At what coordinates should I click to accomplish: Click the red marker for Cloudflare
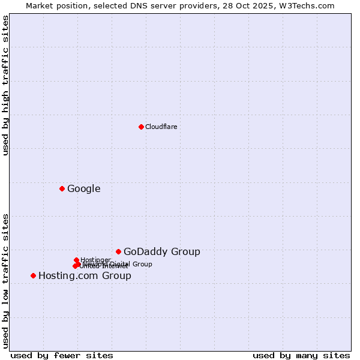pyautogui.click(x=141, y=127)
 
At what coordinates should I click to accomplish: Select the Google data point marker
pyautogui.click(x=62, y=189)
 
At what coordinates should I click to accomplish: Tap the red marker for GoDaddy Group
pyautogui.click(x=118, y=252)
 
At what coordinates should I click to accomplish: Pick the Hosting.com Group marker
pyautogui.click(x=33, y=276)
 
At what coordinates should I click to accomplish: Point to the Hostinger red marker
pyautogui.click(x=76, y=260)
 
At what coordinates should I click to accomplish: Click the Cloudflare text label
pyautogui.click(x=161, y=127)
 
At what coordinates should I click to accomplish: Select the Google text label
pyautogui.click(x=84, y=189)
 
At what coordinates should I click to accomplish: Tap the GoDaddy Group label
pyautogui.click(x=162, y=252)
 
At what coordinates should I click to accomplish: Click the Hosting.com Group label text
pyautogui.click(x=85, y=276)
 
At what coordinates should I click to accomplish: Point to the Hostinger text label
pyautogui.click(x=95, y=260)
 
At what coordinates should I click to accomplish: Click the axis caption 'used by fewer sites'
pyautogui.click(x=62, y=355)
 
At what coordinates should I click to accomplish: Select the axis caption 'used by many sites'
pyautogui.click(x=301, y=355)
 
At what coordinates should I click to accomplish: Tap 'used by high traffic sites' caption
pyautogui.click(x=5, y=85)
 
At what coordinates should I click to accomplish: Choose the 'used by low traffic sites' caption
pyautogui.click(x=5, y=280)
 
